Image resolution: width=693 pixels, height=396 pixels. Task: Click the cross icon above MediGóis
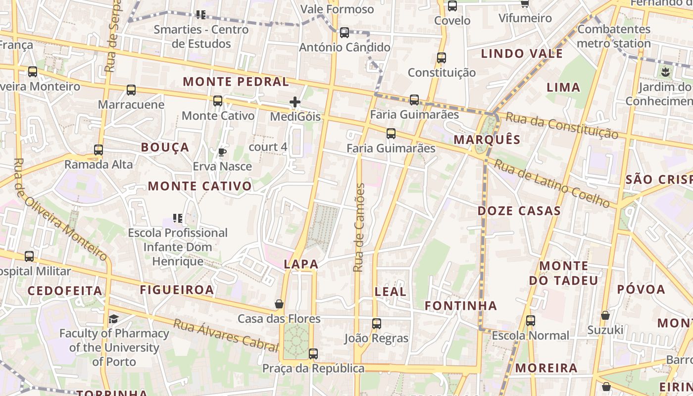point(295,102)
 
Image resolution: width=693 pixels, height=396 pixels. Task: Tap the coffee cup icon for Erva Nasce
point(222,152)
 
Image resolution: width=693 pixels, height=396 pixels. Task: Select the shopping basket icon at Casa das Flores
point(279,304)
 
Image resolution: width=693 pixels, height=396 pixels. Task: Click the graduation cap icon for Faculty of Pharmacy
point(113,319)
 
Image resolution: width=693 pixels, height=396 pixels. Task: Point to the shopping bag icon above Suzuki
point(605,315)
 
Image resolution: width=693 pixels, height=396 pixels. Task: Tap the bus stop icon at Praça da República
point(313,354)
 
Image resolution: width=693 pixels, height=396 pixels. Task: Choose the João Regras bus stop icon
point(377,324)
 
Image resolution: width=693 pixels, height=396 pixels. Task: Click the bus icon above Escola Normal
point(531,321)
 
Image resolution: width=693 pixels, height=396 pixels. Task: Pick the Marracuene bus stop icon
point(131,90)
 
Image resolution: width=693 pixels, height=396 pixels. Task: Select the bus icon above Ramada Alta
point(99,149)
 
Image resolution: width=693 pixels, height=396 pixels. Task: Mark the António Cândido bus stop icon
point(345,33)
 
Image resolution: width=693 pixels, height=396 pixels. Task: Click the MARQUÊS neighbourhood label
point(487,140)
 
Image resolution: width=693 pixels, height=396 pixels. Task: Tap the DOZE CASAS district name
point(519,211)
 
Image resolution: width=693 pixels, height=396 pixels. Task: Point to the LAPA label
point(301,264)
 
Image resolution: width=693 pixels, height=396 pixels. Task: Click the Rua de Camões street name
point(359,228)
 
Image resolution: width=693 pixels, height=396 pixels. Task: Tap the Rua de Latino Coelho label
point(552,184)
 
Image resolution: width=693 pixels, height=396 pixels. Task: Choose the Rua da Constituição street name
point(562,126)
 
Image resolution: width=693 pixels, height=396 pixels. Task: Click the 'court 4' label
point(268,147)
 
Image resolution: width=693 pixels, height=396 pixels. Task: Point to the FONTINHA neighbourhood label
point(461,306)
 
